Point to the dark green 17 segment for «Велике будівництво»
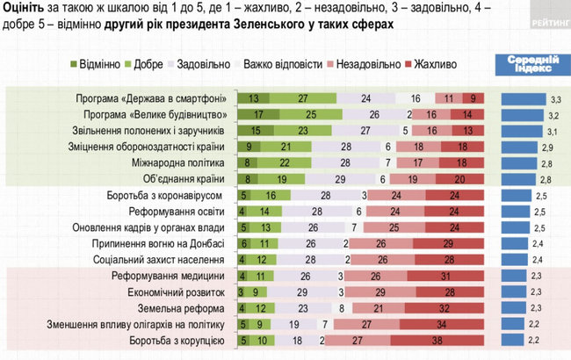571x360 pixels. point(259,114)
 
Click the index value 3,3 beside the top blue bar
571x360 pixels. point(556,98)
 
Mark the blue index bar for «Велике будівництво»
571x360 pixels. point(524,114)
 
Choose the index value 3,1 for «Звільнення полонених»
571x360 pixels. point(556,131)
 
